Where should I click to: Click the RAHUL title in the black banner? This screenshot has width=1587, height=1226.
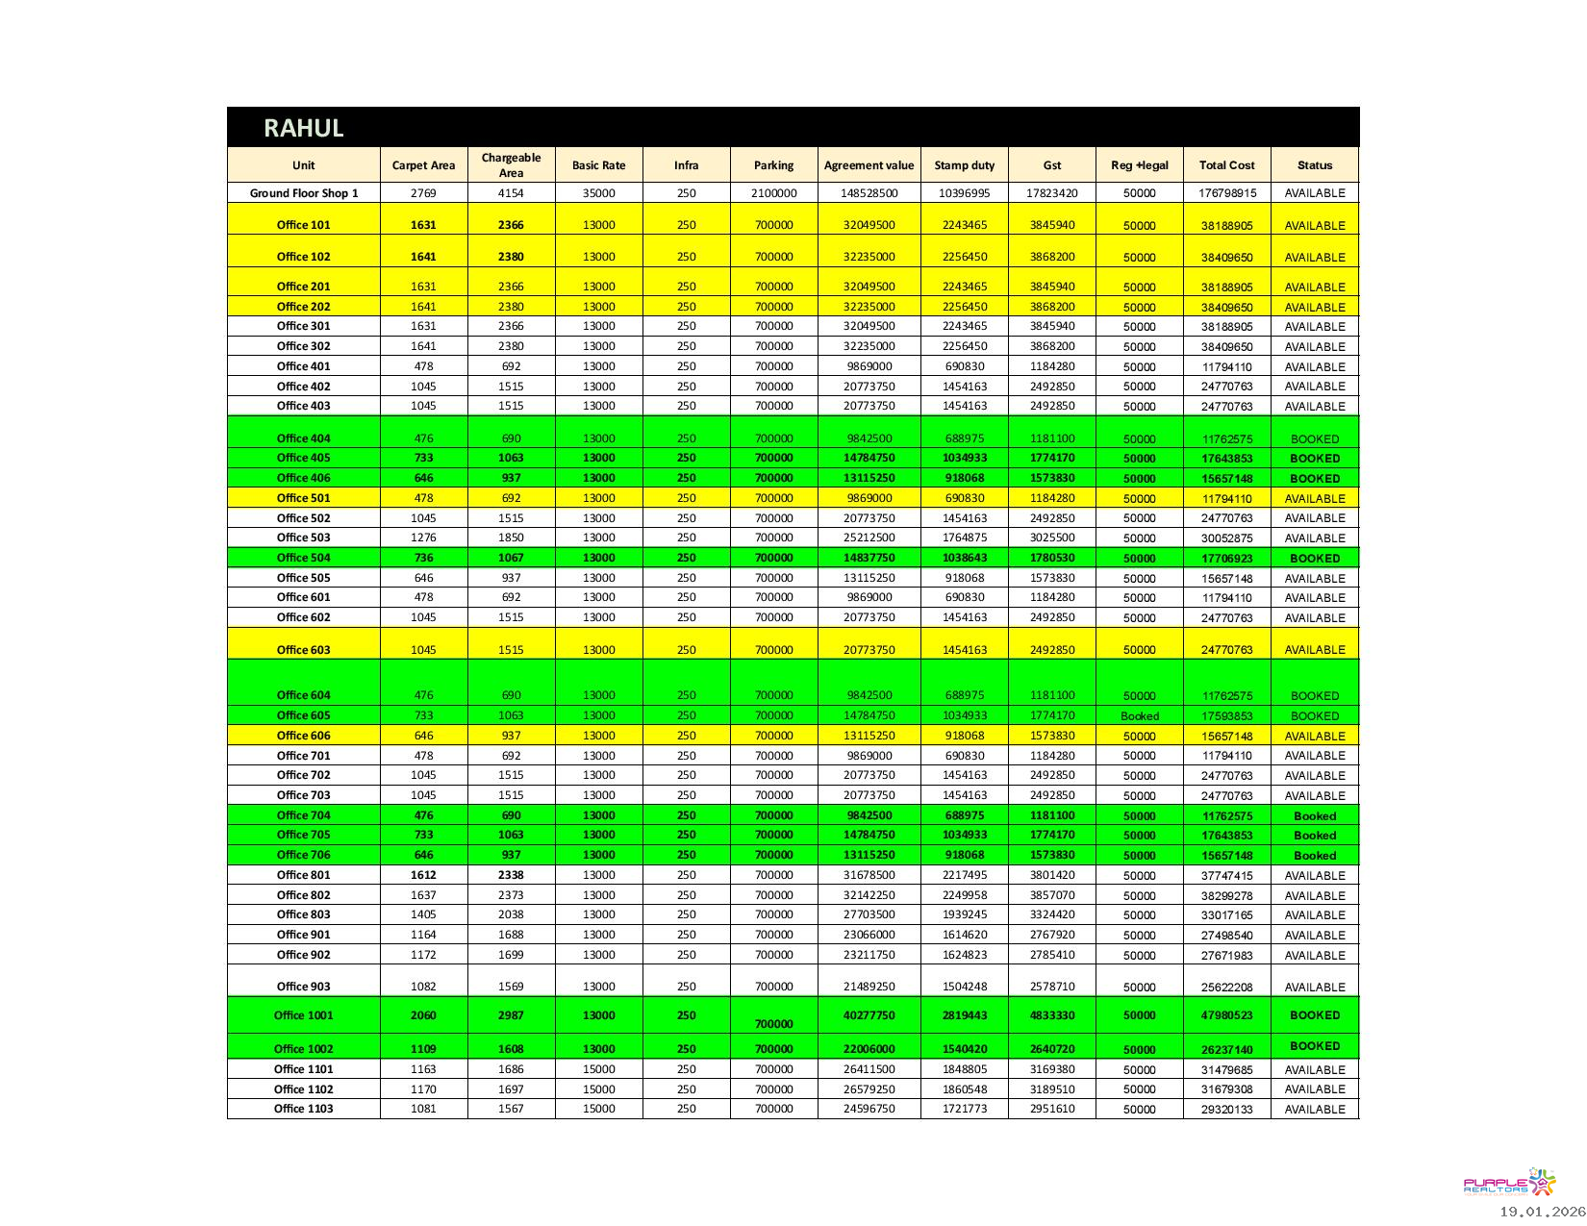(303, 128)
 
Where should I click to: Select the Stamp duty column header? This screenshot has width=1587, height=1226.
(964, 165)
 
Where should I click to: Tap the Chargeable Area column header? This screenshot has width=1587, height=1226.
(511, 165)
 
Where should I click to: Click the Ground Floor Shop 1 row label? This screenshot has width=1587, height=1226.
(304, 193)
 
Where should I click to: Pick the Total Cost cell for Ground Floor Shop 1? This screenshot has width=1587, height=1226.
(1226, 193)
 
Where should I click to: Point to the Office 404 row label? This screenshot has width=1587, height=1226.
(304, 438)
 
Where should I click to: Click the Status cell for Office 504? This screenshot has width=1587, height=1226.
(1314, 559)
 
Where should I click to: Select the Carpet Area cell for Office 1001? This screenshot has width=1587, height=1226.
(423, 1015)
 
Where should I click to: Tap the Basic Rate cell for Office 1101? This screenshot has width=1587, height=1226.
(598, 1069)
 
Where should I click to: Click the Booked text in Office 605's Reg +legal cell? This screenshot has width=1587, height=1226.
(1139, 716)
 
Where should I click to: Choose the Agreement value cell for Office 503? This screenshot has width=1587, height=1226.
(869, 538)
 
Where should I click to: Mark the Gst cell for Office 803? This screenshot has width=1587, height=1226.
(1051, 915)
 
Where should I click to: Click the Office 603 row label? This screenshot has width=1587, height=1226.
(304, 650)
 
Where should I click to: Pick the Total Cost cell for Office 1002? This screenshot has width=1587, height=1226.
(1226, 1050)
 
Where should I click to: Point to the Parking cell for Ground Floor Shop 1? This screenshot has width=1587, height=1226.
(773, 193)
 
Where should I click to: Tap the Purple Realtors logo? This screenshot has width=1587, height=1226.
(1508, 1184)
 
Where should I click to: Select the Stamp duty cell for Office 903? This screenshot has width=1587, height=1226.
(964, 988)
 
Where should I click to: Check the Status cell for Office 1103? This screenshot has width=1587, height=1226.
(1314, 1110)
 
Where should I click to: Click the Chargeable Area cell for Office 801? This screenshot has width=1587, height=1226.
(511, 876)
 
